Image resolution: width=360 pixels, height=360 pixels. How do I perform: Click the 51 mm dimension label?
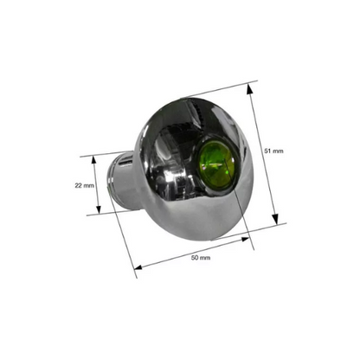point(273,151)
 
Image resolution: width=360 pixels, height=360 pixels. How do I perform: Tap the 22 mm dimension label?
point(84,186)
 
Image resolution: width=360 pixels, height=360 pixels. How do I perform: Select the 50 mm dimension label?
point(201,258)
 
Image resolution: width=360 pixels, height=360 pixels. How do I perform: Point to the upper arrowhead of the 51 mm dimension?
point(249,88)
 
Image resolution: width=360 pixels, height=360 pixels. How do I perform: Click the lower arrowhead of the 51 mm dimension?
point(275,219)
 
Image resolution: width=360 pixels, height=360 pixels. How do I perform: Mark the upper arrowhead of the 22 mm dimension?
point(93,159)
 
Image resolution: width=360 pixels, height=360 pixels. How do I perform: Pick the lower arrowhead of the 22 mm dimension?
point(99,209)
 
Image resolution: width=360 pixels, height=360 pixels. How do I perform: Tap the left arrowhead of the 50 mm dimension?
point(138,267)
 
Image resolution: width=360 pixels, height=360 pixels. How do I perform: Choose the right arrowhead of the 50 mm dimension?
point(245,239)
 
